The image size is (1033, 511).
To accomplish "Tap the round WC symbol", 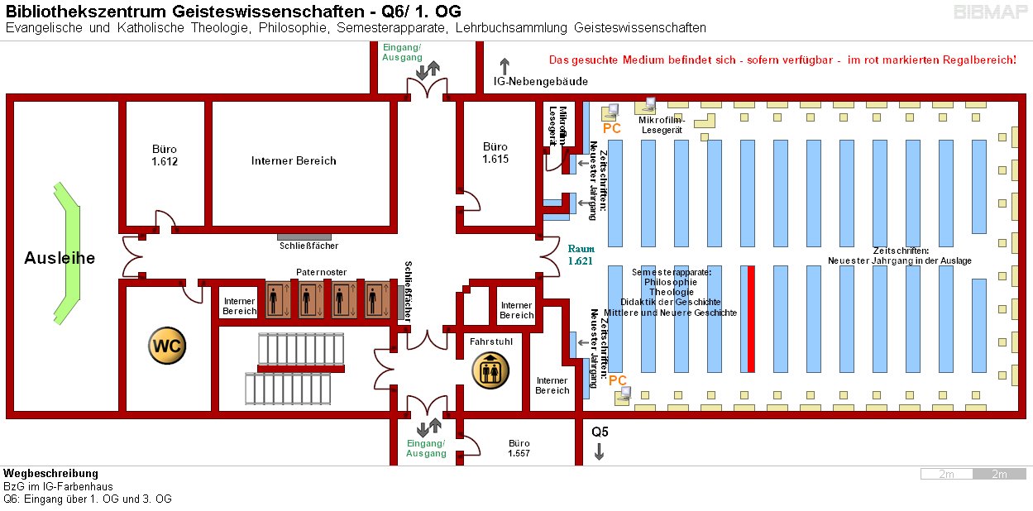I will (166, 346).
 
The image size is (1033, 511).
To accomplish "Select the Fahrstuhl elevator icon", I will (489, 370).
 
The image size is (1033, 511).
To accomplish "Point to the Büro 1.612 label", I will (165, 155).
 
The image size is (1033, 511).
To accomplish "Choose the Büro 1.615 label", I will (495, 153).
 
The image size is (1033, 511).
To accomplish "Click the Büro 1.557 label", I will (519, 448).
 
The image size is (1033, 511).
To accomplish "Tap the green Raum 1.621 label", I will (581, 255).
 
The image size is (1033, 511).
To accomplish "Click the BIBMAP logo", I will (991, 12).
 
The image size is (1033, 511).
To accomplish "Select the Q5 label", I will (600, 432).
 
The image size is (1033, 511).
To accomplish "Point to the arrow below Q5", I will (600, 451).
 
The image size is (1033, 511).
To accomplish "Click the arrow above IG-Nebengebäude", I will (505, 65).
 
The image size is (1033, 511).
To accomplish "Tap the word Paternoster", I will (321, 272).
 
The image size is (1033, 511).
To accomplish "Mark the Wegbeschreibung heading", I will (51, 473).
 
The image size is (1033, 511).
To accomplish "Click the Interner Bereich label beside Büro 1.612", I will (294, 161).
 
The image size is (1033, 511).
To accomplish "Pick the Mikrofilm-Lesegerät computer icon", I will (645, 105).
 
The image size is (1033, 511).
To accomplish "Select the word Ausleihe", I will (60, 258).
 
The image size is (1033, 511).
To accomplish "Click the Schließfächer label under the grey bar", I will (308, 246).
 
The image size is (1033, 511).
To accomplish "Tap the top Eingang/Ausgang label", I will (402, 52).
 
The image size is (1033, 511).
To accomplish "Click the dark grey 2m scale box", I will (1000, 474).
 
